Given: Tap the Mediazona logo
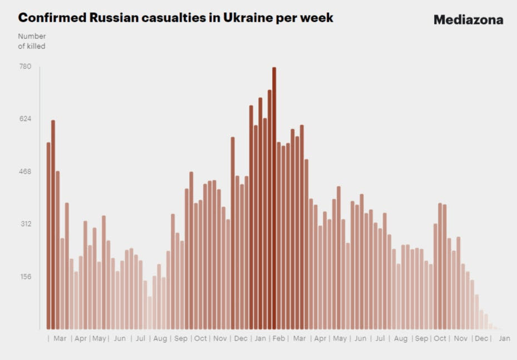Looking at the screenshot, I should (468, 20).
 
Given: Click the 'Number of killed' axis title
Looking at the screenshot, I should (32, 41).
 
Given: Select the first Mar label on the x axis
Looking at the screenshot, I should (60, 338).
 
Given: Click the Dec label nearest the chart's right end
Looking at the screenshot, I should (481, 338).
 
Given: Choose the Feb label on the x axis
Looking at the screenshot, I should (279, 338).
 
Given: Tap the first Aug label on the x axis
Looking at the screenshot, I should (160, 338).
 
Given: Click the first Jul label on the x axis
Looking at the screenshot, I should (140, 338).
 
